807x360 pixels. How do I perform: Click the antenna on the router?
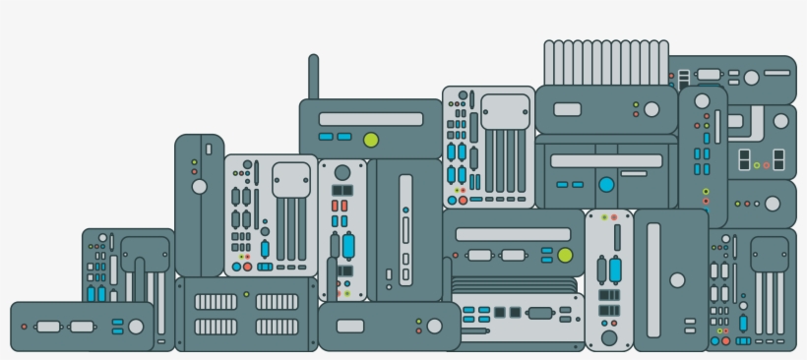(x=314, y=76)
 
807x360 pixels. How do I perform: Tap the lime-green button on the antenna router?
(x=371, y=140)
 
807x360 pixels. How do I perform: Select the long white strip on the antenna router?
(x=370, y=119)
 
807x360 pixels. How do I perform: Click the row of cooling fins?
(x=606, y=61)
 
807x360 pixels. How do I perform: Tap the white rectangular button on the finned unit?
(x=567, y=109)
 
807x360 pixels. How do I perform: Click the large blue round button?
(x=606, y=184)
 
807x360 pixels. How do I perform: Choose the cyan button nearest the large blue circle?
(x=577, y=184)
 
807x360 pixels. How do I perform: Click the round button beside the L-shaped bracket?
(x=780, y=120)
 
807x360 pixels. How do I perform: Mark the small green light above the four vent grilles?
(x=246, y=293)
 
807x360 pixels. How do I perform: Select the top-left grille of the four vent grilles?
(x=216, y=302)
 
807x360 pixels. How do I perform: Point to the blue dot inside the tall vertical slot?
(x=404, y=210)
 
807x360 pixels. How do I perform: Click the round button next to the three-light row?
(x=773, y=204)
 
